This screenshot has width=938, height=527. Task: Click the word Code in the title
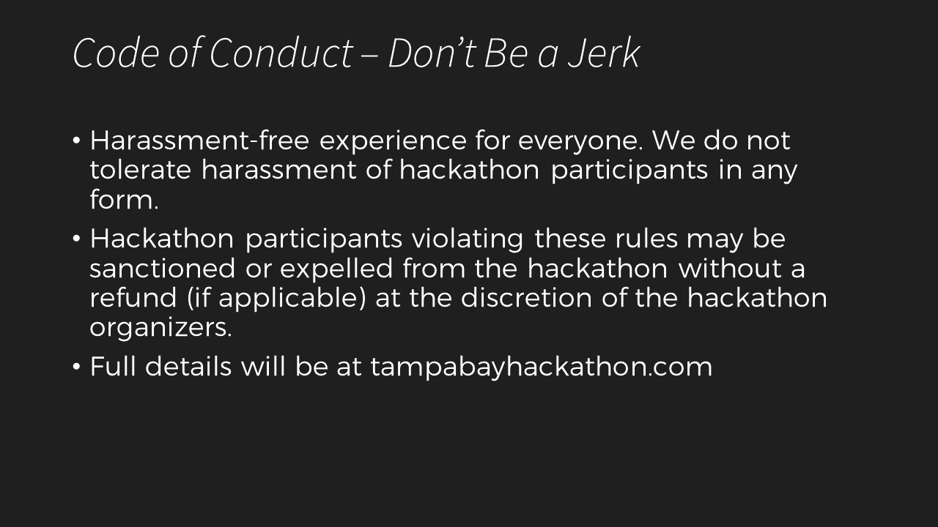click(x=116, y=53)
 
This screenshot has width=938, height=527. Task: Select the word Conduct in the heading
click(x=281, y=53)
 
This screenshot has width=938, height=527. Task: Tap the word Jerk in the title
click(x=603, y=53)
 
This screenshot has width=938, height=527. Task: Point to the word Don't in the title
click(x=432, y=53)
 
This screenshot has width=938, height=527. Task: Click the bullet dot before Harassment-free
click(x=76, y=141)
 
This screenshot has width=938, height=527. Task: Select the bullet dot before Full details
click(x=76, y=367)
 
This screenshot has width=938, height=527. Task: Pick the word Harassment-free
click(x=200, y=140)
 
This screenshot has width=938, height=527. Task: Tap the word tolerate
click(x=140, y=171)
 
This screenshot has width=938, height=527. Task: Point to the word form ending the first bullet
click(x=125, y=199)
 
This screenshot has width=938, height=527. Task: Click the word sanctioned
click(x=163, y=268)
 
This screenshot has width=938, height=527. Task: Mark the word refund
click(x=133, y=297)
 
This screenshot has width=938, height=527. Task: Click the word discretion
click(x=526, y=297)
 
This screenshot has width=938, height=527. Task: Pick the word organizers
click(x=160, y=329)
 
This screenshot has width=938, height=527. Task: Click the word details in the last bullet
click(x=188, y=367)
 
